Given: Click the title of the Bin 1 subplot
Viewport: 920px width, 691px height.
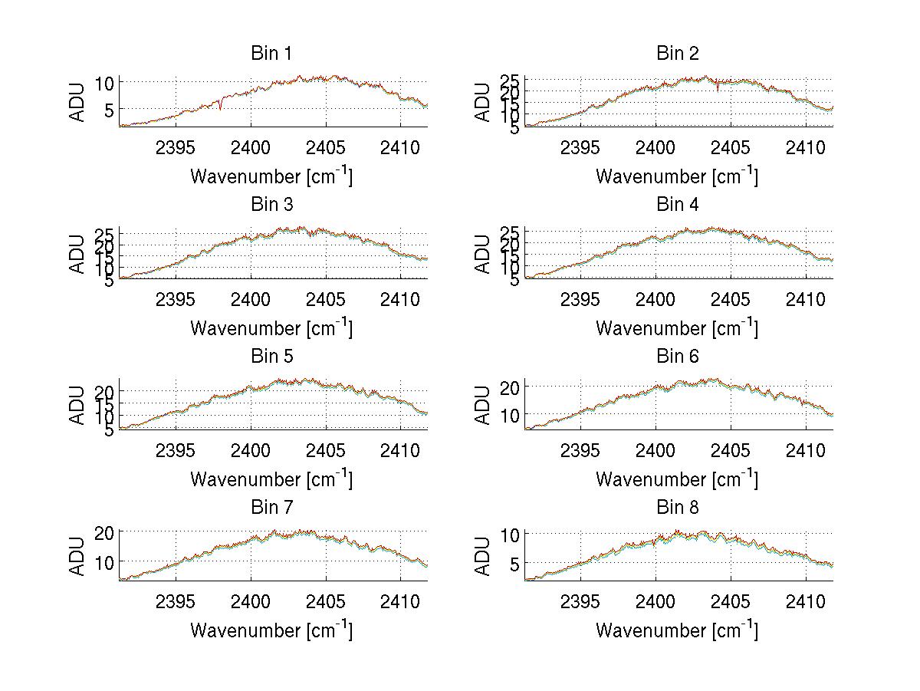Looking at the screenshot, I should click(x=271, y=54).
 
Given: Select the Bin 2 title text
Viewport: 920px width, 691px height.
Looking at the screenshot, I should click(x=678, y=54).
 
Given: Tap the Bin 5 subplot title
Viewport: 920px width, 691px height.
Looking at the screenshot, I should click(x=271, y=357).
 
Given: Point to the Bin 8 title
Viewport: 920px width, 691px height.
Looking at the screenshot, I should click(x=678, y=508).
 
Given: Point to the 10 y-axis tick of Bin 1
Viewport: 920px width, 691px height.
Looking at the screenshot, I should click(x=105, y=83).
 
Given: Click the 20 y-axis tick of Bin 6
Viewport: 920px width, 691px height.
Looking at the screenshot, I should click(x=511, y=387).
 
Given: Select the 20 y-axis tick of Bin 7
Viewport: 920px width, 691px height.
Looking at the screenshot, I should click(x=105, y=532).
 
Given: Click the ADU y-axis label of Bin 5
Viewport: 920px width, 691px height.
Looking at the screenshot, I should click(x=77, y=405).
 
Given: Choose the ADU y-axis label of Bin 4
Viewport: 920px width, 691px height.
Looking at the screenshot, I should click(x=483, y=254).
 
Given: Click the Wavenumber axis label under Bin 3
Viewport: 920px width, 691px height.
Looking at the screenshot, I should click(x=271, y=328).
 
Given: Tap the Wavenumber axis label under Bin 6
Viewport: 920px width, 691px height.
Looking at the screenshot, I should click(x=677, y=479).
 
